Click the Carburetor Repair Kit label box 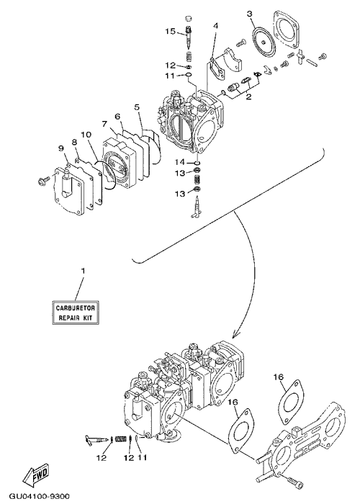point(76,312)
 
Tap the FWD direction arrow point(37,474)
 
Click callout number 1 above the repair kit point(84,271)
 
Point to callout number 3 point(249,14)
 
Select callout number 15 point(171,31)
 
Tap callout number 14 point(180,161)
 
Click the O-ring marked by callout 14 point(197,162)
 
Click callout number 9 point(60,148)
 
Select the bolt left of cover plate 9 point(43,179)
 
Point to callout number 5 point(138,107)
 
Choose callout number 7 point(104,123)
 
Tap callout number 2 point(248,96)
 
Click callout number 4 point(216,25)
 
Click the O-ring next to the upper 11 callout point(189,76)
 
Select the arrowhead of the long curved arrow point(235,333)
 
